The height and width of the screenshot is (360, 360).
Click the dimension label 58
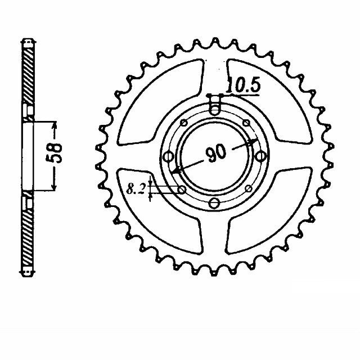(54, 153)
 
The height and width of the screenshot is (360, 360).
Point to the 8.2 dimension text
(136, 189)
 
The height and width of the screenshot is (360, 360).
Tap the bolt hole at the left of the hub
(168, 157)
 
